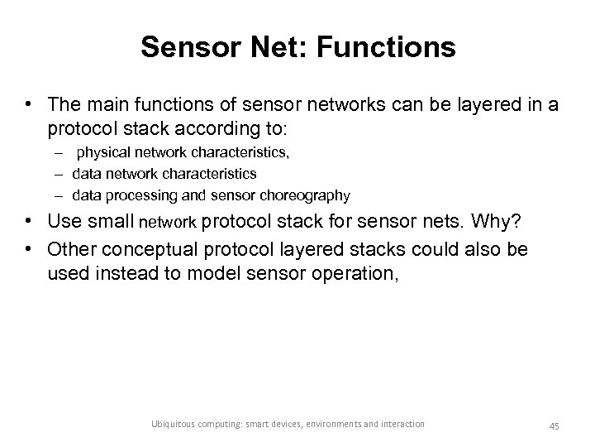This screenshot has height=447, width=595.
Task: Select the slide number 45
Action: (x=554, y=425)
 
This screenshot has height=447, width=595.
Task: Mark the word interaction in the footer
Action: (x=398, y=425)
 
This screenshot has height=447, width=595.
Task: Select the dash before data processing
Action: (x=61, y=196)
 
